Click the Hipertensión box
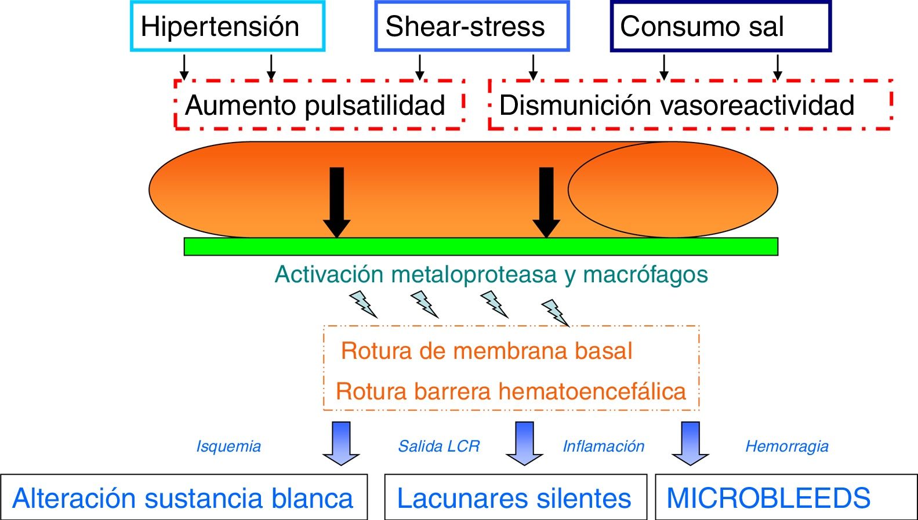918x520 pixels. coord(227,27)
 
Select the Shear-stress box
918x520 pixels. coord(471,27)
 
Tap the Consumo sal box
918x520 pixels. coord(720,27)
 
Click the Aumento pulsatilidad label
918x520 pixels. coord(315,106)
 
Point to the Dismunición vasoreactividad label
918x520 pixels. coord(677,106)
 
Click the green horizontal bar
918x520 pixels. coord(480,247)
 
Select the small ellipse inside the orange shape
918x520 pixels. coord(673,190)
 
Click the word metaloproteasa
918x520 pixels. coord(474,274)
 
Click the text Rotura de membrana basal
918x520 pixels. coord(486,351)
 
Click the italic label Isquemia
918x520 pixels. coord(228,446)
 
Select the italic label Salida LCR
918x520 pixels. coord(439,446)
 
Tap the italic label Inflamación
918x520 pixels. coord(604,446)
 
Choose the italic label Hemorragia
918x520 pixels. coord(786,446)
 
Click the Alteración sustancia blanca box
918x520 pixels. coord(183,497)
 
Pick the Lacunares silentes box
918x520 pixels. coord(515,497)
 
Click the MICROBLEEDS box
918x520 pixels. coord(785,497)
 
